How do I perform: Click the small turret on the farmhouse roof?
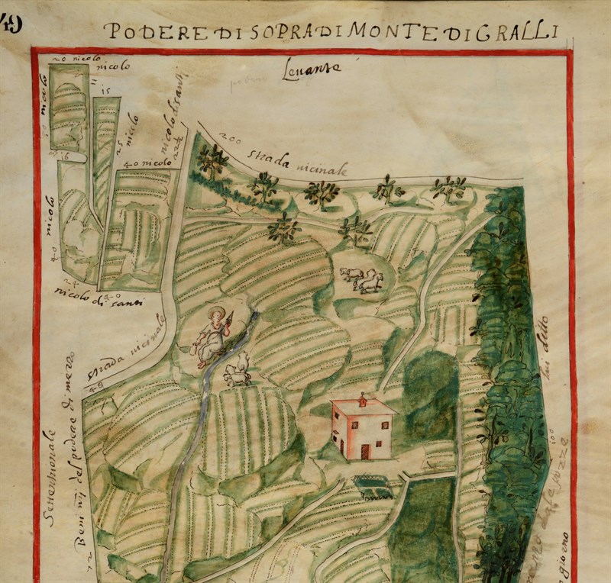point(361,399)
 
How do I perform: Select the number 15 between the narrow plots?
point(105,91)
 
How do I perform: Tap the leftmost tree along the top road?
point(212,159)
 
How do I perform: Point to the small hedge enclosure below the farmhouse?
point(374,482)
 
